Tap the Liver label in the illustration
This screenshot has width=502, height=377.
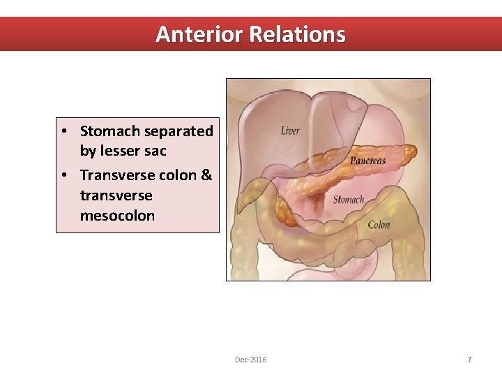point(291,131)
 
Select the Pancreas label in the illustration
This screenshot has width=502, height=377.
point(367,161)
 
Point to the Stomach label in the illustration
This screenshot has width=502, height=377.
point(348,199)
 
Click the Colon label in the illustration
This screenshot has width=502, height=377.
point(379,224)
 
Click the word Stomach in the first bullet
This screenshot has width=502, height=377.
point(110,131)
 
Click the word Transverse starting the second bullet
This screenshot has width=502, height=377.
point(114,175)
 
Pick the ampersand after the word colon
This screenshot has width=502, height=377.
point(206,175)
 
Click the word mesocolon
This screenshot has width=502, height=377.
point(117,215)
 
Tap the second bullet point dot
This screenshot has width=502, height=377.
point(63,175)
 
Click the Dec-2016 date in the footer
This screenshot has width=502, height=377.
point(250,360)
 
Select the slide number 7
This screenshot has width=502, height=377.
point(469,360)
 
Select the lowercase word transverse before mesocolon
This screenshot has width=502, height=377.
point(116,195)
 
